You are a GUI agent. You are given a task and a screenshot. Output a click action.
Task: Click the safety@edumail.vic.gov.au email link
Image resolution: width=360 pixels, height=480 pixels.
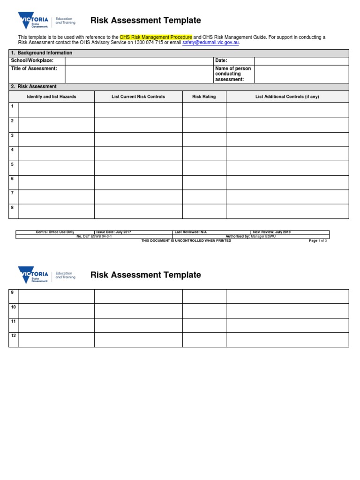point(210,43)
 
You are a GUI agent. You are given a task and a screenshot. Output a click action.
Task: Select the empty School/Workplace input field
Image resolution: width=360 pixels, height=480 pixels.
point(139,61)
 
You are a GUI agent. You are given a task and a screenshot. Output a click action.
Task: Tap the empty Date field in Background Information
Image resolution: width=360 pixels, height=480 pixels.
point(301,61)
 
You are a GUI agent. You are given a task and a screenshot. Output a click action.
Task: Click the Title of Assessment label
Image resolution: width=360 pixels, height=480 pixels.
point(34,68)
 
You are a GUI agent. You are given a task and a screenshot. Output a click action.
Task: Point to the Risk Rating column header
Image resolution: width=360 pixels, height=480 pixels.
point(204,97)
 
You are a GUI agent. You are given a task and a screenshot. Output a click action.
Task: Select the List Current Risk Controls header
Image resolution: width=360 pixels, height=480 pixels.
point(138,97)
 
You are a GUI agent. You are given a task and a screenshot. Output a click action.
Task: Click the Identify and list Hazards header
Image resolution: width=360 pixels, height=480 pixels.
point(52,97)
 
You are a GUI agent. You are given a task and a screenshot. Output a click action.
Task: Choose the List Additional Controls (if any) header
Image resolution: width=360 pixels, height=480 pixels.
point(287,97)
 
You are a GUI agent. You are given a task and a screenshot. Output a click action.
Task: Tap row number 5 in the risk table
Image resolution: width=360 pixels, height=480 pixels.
point(13,165)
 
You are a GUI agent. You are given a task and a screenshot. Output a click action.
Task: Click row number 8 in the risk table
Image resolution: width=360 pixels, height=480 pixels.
point(13,208)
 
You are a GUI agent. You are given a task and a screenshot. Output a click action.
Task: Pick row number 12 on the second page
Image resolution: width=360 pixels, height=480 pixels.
point(14,336)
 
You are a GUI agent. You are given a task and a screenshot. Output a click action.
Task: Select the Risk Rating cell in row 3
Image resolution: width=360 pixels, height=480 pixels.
point(204,139)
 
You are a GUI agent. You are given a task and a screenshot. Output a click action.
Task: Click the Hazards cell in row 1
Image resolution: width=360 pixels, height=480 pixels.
point(56,110)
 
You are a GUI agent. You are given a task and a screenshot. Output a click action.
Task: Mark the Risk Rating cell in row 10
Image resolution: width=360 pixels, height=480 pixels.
point(204,311)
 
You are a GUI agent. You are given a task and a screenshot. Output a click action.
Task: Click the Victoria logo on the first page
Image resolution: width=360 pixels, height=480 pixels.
point(33,21)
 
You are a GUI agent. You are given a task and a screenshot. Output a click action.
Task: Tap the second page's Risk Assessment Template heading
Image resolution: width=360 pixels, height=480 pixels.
point(145,275)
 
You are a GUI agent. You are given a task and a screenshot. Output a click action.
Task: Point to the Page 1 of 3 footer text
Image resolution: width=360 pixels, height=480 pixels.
point(317,240)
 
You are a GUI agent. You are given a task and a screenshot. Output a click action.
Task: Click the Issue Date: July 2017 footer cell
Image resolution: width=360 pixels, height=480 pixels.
point(133,232)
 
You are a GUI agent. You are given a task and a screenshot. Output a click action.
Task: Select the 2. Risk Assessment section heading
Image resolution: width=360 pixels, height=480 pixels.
point(34,87)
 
